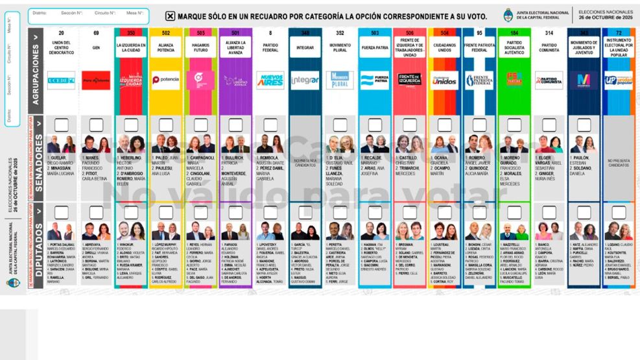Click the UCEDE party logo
pos(61,80)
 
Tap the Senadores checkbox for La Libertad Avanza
pos(235,125)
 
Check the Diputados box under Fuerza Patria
pos(375,212)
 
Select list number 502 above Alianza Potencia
pos(166,32)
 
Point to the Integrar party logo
pos(305,80)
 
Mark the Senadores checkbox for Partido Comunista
pos(549,125)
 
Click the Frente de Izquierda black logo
pos(409,80)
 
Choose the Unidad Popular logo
pos(619,80)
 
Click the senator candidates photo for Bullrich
pos(235,144)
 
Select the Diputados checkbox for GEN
pos(96,212)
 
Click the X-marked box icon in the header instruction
pos(171,16)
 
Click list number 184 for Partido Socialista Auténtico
pos(514,32)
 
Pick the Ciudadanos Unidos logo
pos(444,80)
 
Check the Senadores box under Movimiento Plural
pos(340,125)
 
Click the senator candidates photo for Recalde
pos(375,144)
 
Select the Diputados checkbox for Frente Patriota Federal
pos(479,212)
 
